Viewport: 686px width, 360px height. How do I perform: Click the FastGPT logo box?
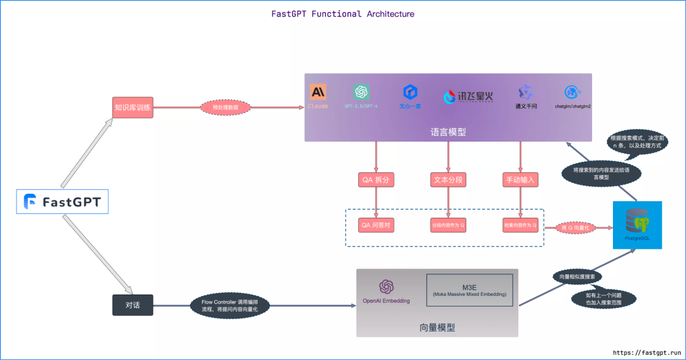tap(62, 202)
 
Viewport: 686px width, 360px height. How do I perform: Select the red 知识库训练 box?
tap(133, 107)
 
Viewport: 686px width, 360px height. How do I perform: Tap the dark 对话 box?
tap(133, 305)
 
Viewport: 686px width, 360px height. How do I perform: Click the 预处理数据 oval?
tap(225, 108)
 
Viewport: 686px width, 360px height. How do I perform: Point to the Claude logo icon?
tap(318, 92)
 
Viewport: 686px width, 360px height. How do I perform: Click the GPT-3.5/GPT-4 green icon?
tap(361, 92)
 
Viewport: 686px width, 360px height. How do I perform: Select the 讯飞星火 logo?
tap(467, 97)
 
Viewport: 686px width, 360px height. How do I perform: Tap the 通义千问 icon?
tap(525, 93)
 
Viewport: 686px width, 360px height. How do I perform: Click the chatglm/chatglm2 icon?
tap(573, 93)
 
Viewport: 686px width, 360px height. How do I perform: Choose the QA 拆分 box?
tap(376, 180)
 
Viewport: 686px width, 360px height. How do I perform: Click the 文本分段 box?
tap(448, 180)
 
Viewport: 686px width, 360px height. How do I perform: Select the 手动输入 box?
tap(520, 180)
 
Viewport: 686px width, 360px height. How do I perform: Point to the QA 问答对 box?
tap(376, 225)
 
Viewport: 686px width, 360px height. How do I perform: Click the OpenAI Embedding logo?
tap(386, 287)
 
